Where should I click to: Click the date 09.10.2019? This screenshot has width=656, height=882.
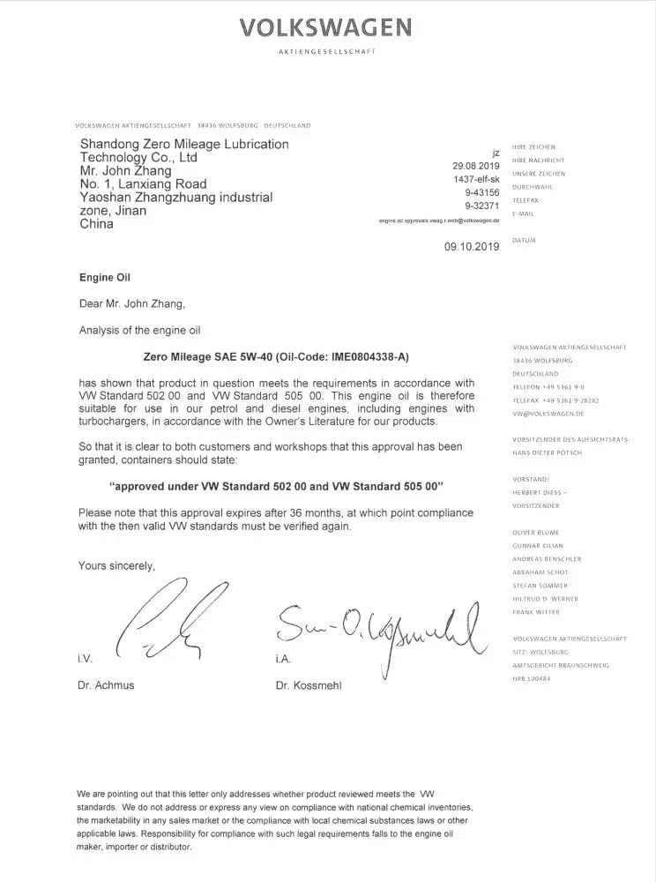point(472,247)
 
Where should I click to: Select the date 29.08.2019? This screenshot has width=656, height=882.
point(476,166)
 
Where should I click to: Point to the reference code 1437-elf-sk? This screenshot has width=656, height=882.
point(476,179)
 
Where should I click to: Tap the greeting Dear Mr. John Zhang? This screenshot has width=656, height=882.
point(132,304)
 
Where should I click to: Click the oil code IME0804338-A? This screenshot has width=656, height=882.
point(360,357)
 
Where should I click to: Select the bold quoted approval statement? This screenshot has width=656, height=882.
point(275,486)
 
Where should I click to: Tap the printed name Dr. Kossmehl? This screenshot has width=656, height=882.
point(308,685)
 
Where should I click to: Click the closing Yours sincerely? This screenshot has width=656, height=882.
point(116,565)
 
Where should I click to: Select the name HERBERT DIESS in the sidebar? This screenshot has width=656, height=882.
point(540,492)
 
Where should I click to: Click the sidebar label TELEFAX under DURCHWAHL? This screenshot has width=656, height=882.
point(526,200)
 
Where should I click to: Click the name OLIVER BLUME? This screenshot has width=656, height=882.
point(535,533)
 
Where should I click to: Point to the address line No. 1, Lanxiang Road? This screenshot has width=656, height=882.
point(143,184)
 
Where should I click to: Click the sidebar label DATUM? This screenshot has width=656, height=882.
point(523,240)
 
